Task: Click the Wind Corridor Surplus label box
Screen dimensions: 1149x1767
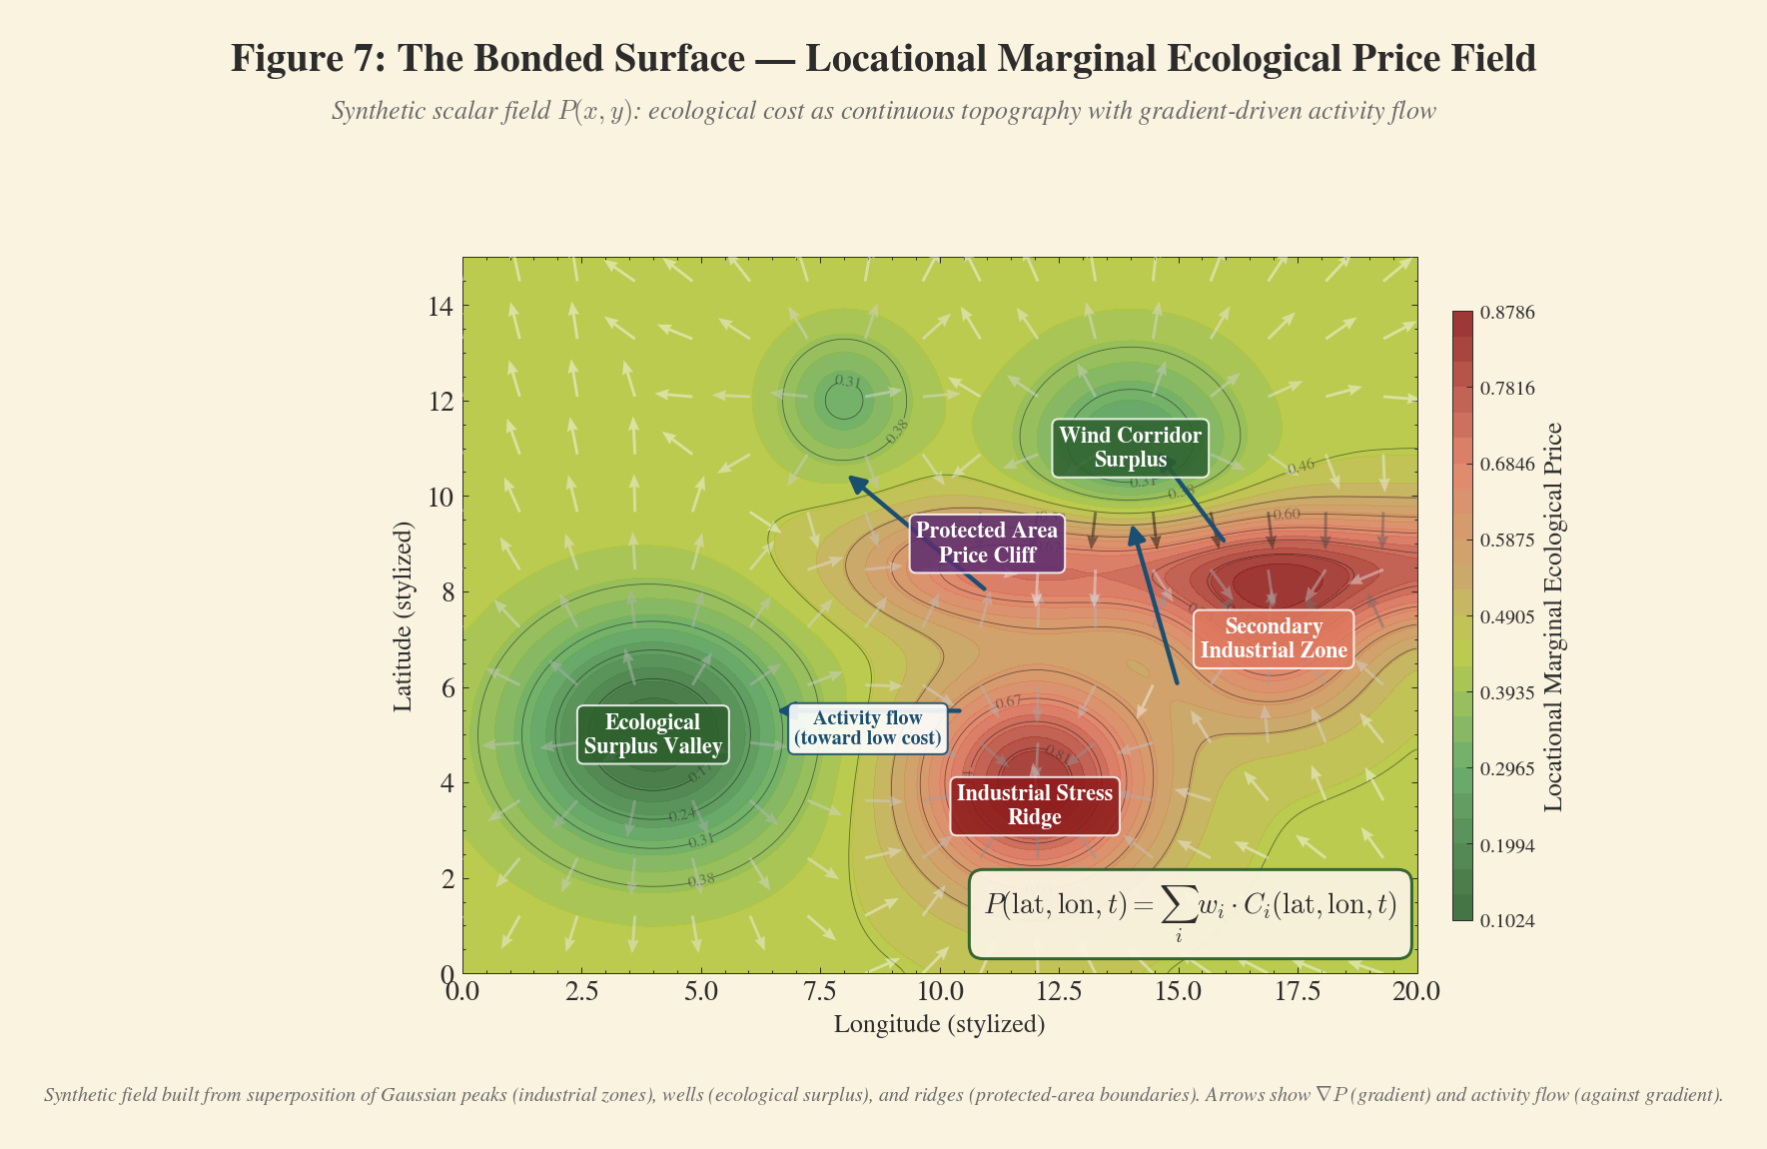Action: (1130, 448)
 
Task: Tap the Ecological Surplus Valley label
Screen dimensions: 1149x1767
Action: (653, 734)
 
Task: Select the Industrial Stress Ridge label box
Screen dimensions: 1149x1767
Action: (1034, 805)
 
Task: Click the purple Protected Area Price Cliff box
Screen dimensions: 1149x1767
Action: (987, 543)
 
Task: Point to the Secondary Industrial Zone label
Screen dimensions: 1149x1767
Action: (1274, 638)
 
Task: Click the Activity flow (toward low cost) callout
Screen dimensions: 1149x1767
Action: (867, 728)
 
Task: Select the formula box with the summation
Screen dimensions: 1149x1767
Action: (1190, 913)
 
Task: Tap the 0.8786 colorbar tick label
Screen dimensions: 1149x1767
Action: (1506, 313)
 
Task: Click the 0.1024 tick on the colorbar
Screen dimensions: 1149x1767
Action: (1506, 921)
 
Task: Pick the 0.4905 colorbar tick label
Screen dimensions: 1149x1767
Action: (1506, 617)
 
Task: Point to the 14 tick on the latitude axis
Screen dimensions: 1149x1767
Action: (440, 306)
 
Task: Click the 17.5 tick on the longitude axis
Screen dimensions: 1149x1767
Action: (1298, 991)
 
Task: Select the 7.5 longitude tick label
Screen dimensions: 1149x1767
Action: (820, 991)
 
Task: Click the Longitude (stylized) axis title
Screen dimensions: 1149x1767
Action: (939, 1024)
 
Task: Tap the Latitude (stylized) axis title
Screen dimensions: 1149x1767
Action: (403, 615)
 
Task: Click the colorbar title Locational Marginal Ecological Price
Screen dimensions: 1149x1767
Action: (1552, 616)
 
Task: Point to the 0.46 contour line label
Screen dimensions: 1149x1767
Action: (1301, 467)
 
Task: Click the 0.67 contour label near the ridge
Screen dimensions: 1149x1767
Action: (1009, 702)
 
